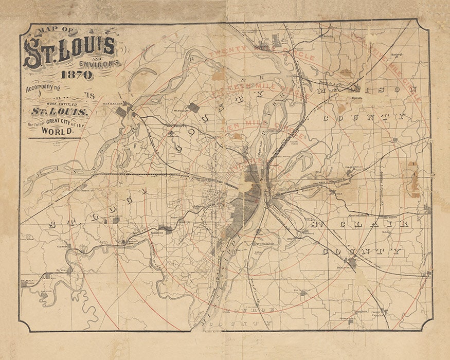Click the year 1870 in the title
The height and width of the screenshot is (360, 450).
coord(79,74)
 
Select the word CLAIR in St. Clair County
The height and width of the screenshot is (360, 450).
coord(383,224)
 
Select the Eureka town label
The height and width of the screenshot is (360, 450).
coord(62,269)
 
